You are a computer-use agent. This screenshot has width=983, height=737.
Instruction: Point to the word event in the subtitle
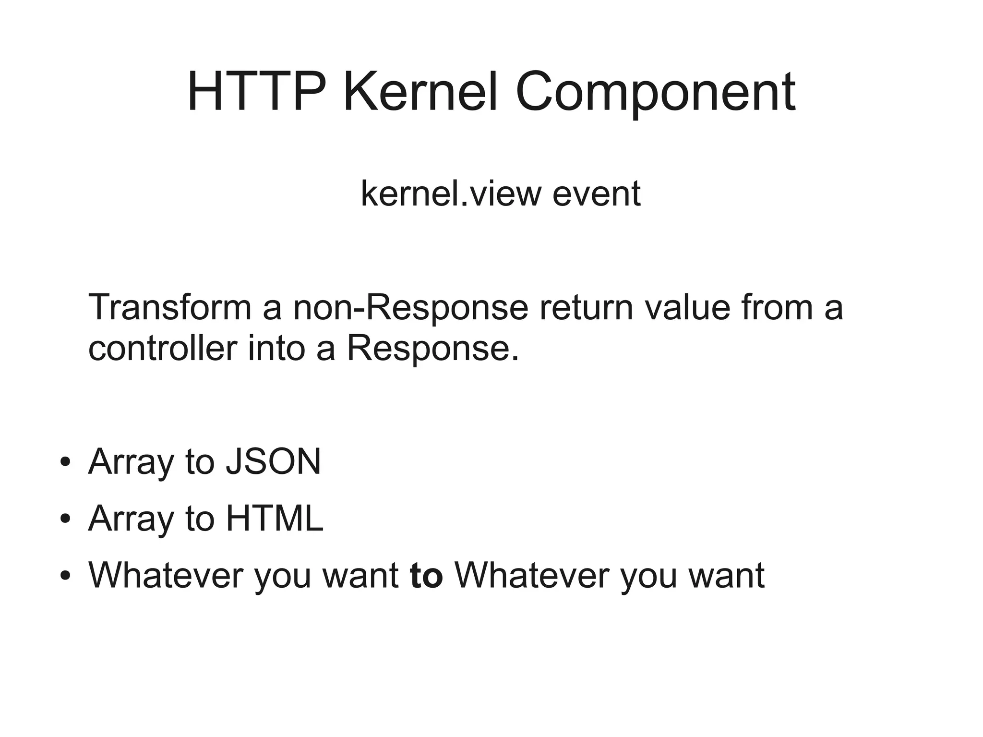596,193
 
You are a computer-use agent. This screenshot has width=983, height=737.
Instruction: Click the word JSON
273,462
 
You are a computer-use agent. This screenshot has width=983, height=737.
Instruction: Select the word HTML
275,519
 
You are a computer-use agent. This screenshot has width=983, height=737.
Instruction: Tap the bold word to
426,576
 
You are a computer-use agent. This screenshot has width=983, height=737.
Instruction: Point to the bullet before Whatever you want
66,576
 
